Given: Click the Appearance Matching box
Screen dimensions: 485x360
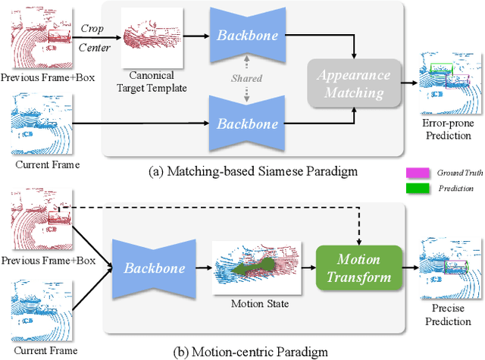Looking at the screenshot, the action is pyautogui.click(x=354, y=83).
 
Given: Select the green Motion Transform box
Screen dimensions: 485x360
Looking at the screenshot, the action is pyautogui.click(x=358, y=268).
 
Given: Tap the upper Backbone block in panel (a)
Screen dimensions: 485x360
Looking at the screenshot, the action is pyautogui.click(x=248, y=36).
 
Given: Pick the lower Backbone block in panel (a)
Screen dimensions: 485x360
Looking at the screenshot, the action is pyautogui.click(x=247, y=124).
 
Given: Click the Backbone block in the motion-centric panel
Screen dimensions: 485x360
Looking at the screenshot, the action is pyautogui.click(x=154, y=268).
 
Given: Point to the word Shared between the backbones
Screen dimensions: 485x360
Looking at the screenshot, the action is pyautogui.click(x=246, y=78).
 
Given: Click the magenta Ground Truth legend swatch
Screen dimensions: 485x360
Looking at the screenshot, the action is pyautogui.click(x=418, y=173).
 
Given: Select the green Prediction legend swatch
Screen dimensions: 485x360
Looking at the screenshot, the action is pyautogui.click(x=418, y=188).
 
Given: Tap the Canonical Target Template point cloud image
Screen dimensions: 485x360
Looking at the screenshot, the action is pyautogui.click(x=152, y=37).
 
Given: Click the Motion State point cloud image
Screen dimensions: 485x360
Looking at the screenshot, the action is pyautogui.click(x=256, y=268).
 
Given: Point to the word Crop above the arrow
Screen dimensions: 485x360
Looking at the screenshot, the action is pyautogui.click(x=92, y=29).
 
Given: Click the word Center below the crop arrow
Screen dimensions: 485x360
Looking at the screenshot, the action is pyautogui.click(x=94, y=48).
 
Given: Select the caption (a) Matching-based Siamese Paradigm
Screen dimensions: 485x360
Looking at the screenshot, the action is pyautogui.click(x=253, y=171).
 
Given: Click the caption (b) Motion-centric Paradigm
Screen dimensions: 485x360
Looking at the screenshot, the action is pyautogui.click(x=251, y=352).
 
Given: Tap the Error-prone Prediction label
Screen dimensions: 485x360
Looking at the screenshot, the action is pyautogui.click(x=448, y=130).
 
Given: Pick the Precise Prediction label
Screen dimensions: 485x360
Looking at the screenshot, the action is pyautogui.click(x=448, y=315).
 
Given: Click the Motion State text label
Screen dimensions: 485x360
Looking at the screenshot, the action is pyautogui.click(x=260, y=304).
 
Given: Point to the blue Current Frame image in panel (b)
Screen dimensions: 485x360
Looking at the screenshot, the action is pyautogui.click(x=42, y=310).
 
